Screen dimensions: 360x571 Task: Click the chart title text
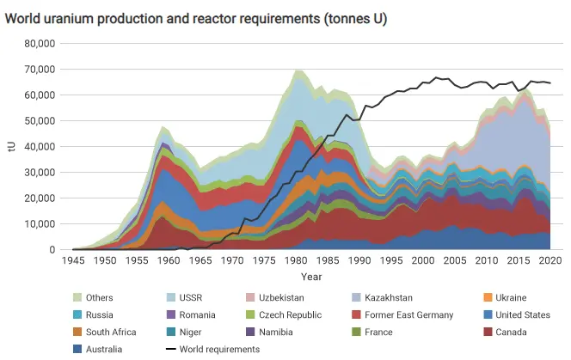pos(196,18)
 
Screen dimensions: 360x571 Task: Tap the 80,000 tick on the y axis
pos(39,43)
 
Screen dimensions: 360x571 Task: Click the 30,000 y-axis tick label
pos(39,172)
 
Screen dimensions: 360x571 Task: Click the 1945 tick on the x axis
pos(73,260)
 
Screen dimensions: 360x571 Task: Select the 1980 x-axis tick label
pos(297,260)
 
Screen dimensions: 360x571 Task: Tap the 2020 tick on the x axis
pos(550,260)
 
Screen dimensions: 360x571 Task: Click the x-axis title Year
pos(311,277)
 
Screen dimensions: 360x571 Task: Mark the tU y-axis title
pos(11,146)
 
